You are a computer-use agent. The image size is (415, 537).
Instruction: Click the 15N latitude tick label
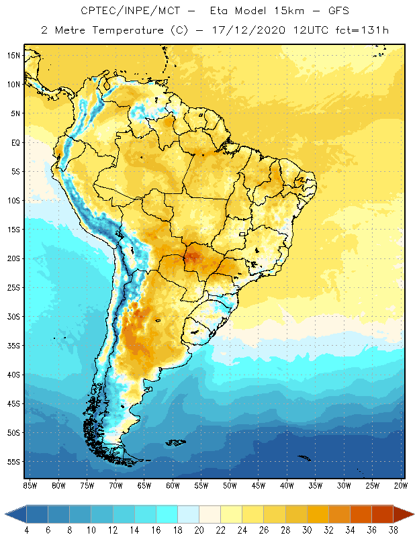14,55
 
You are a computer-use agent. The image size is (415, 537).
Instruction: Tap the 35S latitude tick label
14,346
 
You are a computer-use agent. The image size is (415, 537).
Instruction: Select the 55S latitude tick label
14,462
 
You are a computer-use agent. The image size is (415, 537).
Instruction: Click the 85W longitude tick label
30,485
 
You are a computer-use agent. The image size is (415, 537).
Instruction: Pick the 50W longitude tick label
230,485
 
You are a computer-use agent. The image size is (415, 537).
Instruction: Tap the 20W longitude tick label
401,485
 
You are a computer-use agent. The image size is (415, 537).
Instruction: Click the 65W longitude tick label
144,485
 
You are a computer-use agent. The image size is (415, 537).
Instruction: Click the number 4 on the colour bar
27,530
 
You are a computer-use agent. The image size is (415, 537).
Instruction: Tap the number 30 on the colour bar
307,530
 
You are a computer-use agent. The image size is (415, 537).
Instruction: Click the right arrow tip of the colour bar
413,514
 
